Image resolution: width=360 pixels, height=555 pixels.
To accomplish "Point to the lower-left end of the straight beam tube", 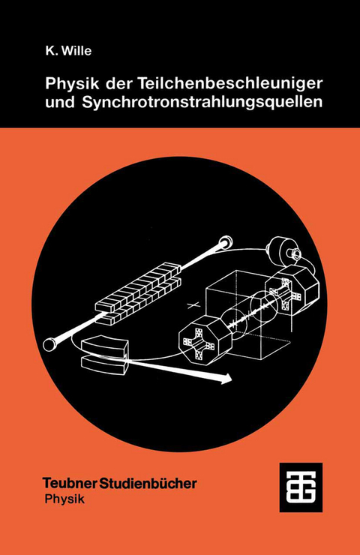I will pos(51,345).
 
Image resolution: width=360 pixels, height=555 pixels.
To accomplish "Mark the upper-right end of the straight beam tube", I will pos(225,244).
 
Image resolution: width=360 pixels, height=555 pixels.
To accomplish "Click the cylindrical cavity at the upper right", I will pos(283,250).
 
